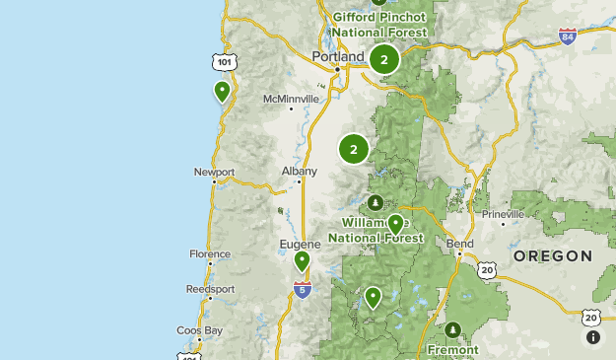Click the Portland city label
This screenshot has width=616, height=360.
coord(337,57)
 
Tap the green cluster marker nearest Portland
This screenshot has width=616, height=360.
coord(384,59)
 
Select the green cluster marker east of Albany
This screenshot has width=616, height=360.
coord(354,149)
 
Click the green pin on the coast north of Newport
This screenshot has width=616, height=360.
coord(223,92)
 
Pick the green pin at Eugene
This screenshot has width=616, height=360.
coord(302,261)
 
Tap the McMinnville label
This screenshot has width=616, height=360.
coord(292,100)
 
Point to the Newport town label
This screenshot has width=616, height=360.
coord(214,172)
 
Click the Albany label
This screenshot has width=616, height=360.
coord(300,171)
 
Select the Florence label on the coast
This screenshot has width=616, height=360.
coord(209,253)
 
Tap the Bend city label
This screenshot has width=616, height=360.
coord(460,244)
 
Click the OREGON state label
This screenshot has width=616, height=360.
coord(553,255)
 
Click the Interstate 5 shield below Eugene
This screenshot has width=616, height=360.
coord(302,290)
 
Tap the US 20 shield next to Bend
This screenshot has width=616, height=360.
coord(488,269)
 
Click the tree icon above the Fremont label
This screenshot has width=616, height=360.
coord(452,329)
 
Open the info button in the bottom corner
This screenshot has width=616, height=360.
coord(593,337)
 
